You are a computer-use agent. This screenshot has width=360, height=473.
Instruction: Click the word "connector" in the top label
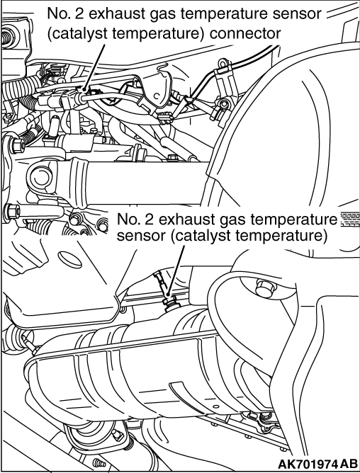click(x=245, y=33)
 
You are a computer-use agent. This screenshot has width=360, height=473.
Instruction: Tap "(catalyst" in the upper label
click(x=77, y=34)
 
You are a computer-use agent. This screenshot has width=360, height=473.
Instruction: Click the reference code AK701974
click(x=308, y=464)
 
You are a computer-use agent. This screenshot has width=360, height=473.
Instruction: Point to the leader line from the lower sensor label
click(x=176, y=270)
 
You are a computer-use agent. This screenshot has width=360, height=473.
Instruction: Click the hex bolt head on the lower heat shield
click(x=265, y=287)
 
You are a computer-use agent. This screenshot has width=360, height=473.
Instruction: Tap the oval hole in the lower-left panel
click(x=69, y=260)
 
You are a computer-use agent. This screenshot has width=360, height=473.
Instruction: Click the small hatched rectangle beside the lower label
click(x=350, y=220)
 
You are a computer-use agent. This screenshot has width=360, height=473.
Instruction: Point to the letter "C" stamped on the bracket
click(x=156, y=96)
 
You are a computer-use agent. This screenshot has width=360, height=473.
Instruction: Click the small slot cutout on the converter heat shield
click(x=181, y=389)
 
